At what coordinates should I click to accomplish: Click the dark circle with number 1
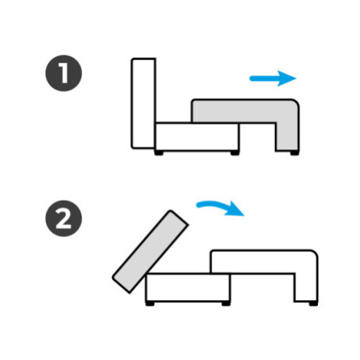64,73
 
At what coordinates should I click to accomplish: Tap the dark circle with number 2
64,218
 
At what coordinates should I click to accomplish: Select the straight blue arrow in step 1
273,78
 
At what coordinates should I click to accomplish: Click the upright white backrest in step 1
143,103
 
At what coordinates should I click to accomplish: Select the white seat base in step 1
198,137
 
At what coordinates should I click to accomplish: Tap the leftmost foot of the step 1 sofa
159,153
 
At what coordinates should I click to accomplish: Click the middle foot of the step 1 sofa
235,153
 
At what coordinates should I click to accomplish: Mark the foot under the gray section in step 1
294,153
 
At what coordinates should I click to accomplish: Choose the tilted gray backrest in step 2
150,252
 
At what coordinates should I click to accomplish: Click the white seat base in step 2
188,287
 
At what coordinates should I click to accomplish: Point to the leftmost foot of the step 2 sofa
149,304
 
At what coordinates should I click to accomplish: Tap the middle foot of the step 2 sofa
226,304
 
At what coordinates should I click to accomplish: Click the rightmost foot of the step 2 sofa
313,304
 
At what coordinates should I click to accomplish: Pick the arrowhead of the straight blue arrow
286,78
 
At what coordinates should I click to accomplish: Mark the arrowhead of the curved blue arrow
235,209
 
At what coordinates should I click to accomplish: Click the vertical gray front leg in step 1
287,136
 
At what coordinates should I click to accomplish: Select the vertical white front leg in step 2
306,288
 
